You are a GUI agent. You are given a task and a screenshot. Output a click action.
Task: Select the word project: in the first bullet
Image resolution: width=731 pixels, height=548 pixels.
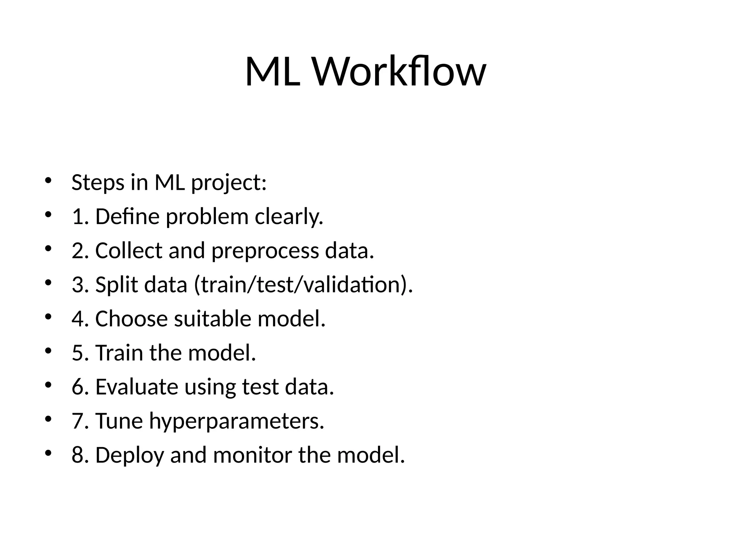coord(229,183)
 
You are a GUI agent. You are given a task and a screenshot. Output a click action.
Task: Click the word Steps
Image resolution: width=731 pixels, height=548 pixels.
coord(98,183)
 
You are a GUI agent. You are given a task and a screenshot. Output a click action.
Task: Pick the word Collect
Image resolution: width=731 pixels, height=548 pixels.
coord(128,250)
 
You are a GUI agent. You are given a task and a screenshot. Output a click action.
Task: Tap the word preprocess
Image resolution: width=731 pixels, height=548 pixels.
coord(265,251)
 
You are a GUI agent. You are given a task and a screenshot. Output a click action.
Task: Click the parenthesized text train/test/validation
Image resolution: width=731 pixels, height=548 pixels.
coord(303,285)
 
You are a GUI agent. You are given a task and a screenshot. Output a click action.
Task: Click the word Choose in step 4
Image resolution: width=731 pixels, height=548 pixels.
coord(131,319)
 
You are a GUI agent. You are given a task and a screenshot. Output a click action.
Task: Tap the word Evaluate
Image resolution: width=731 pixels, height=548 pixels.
coord(136,387)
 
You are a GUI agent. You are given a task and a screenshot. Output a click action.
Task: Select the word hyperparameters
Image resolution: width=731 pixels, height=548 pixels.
coord(237,421)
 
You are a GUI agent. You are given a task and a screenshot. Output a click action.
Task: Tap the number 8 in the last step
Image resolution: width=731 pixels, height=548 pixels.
coord(77,455)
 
